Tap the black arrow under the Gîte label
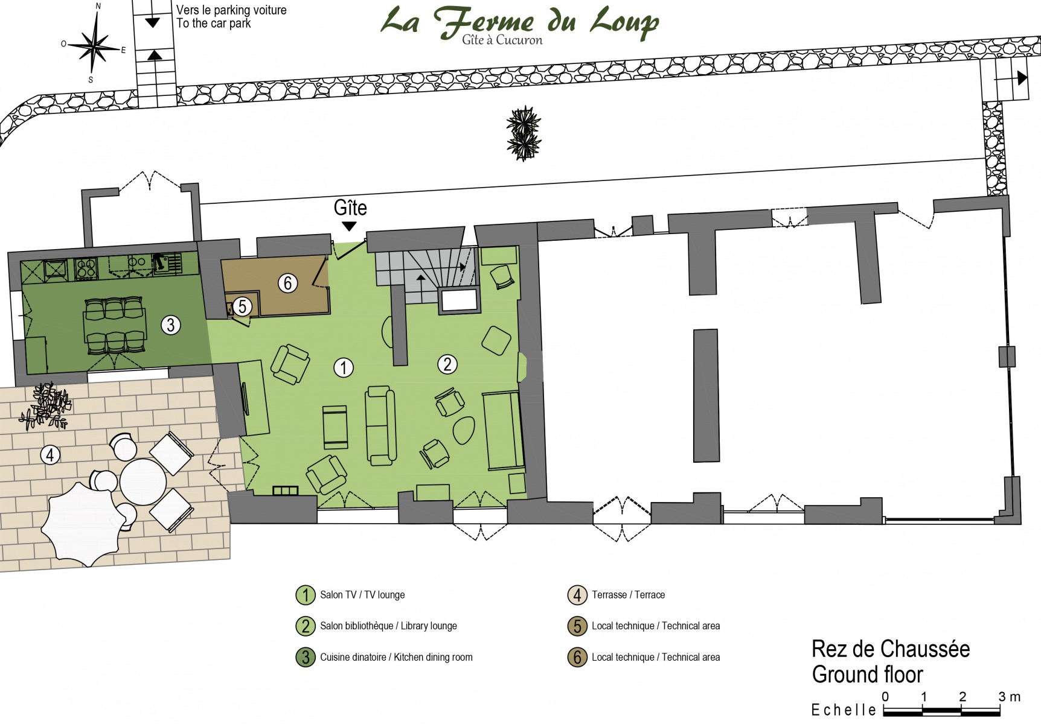349,226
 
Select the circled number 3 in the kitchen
171,325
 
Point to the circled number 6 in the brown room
287,283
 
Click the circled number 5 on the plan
242,306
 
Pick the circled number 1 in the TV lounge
344,367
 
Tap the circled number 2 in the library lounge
447,364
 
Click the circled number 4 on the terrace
50,455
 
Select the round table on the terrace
143,482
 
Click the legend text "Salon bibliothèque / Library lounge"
388,626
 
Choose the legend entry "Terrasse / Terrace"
628,595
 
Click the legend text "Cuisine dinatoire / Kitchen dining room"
396,657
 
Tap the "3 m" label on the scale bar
1010,697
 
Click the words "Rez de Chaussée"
891,649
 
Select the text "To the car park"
214,24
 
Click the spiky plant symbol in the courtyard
524,133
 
